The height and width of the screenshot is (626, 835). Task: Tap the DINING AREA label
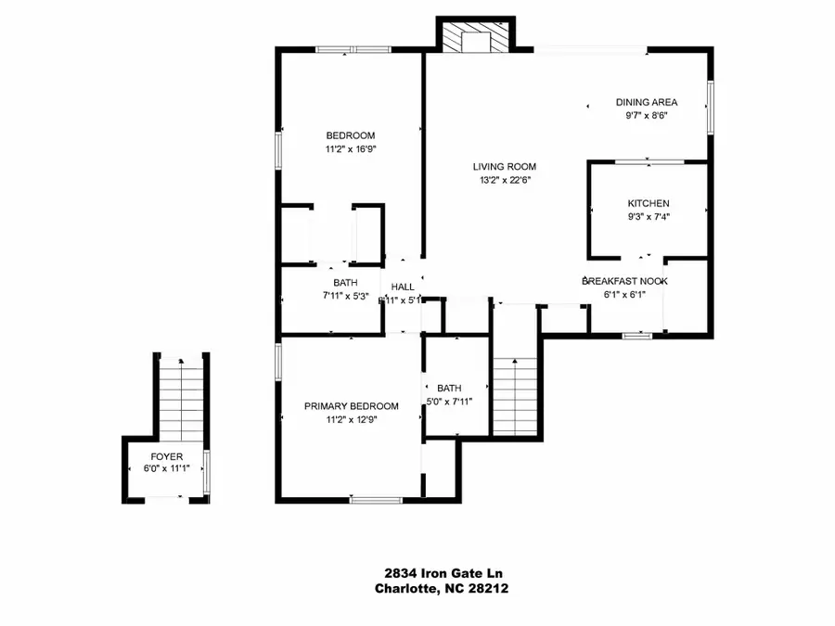tap(647, 103)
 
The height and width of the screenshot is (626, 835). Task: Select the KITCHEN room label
tap(649, 203)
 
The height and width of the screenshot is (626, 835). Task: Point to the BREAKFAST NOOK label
tap(624, 281)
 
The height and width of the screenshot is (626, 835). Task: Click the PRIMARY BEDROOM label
tap(352, 406)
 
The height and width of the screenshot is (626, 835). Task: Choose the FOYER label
tap(167, 457)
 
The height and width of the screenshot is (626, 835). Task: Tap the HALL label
tap(403, 287)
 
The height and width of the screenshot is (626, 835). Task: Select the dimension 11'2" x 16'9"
tap(351, 148)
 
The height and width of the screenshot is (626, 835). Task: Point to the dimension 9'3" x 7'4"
tap(649, 217)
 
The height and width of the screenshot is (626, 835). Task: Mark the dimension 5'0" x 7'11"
tap(449, 402)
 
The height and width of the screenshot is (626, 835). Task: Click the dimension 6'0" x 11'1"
tap(167, 470)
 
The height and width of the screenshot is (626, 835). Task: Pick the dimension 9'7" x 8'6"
tap(647, 117)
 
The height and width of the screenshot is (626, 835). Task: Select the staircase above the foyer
tap(181, 399)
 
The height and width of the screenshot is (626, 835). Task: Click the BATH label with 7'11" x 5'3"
tap(345, 283)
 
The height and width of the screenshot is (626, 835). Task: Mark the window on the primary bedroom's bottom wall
tap(377, 501)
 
